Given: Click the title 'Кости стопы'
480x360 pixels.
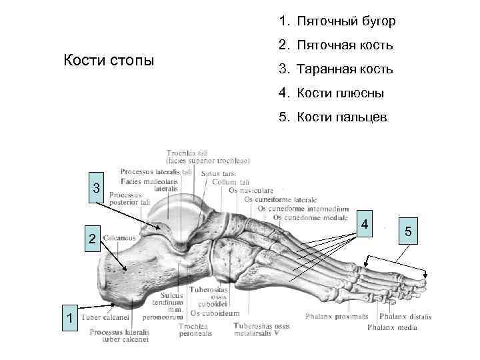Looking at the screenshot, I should tap(108, 61).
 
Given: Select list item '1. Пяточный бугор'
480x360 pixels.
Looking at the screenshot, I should tap(337, 22).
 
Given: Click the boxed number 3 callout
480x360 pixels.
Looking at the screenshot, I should tap(97, 187).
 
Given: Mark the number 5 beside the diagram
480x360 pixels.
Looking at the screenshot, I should tap(408, 231).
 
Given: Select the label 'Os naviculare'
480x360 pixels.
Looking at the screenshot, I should tap(252, 191).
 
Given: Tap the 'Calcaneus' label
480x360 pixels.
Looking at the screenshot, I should tap(119, 237).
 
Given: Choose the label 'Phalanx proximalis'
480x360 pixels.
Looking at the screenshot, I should tap(337, 316).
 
